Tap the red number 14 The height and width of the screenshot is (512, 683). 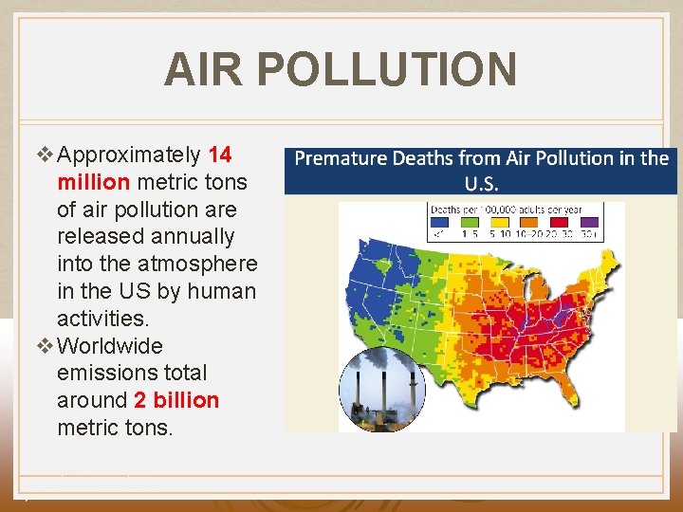pos(219,155)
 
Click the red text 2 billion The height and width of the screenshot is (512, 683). pos(176,401)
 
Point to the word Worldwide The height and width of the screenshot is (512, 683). pos(110,346)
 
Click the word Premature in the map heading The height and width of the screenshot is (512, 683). pos(341,158)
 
